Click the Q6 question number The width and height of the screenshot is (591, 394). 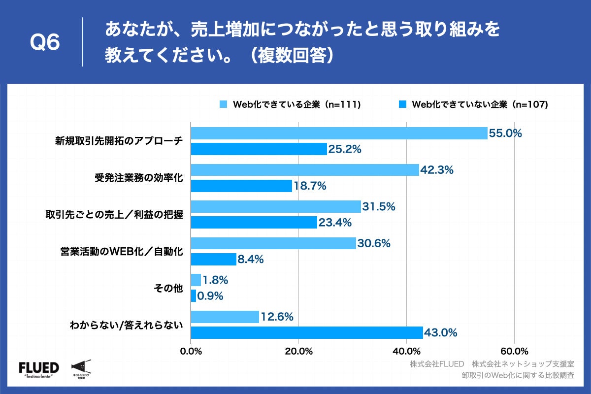point(45,43)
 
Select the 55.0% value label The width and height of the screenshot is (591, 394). point(505,133)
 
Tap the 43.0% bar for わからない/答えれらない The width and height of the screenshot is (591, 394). point(307,333)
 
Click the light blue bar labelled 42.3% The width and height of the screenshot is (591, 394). point(305,170)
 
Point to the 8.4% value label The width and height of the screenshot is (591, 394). point(251,259)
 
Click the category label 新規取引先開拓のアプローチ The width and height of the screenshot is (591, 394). point(119,141)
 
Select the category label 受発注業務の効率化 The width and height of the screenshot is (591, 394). point(138,178)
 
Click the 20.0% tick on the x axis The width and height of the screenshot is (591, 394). point(298,351)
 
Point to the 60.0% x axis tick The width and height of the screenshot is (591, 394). point(514,351)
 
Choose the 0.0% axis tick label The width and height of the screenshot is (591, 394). point(191,351)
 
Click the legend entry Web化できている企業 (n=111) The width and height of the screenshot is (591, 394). point(291,104)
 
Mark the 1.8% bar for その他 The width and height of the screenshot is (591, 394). point(196,280)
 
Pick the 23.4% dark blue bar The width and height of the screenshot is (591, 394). point(254,223)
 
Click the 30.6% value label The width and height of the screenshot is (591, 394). point(374,243)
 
